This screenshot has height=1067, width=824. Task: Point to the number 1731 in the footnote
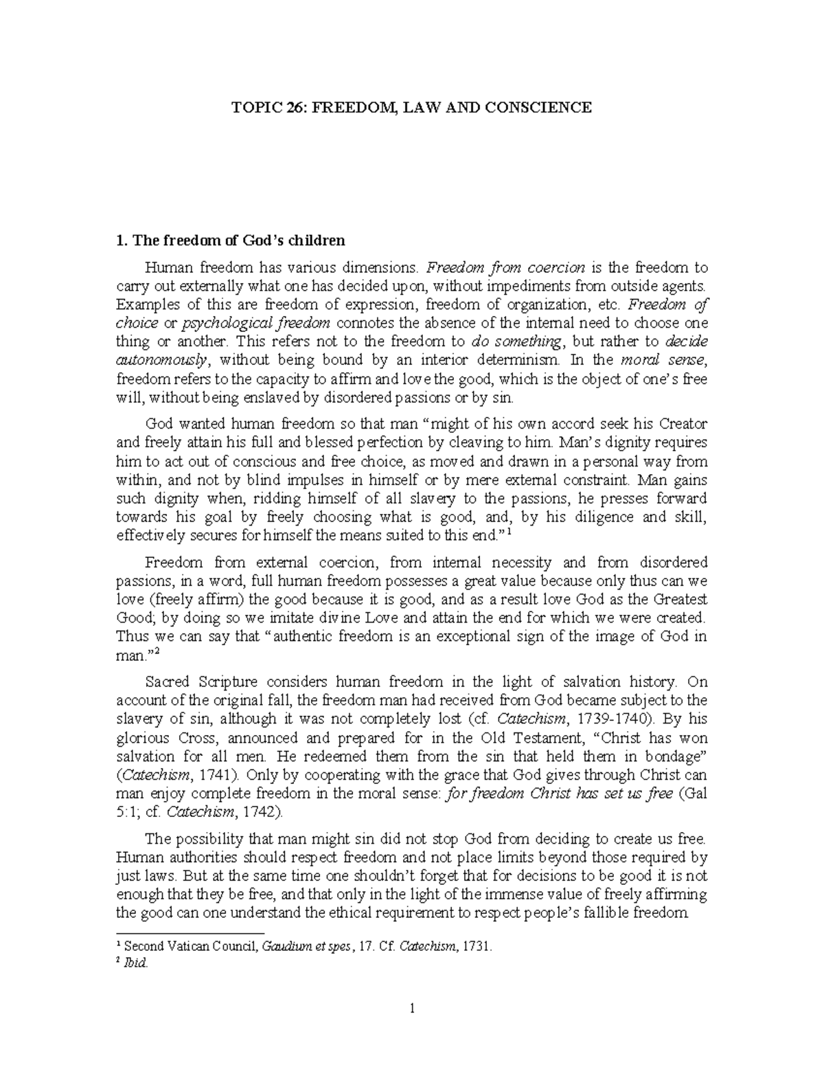(x=477, y=946)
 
